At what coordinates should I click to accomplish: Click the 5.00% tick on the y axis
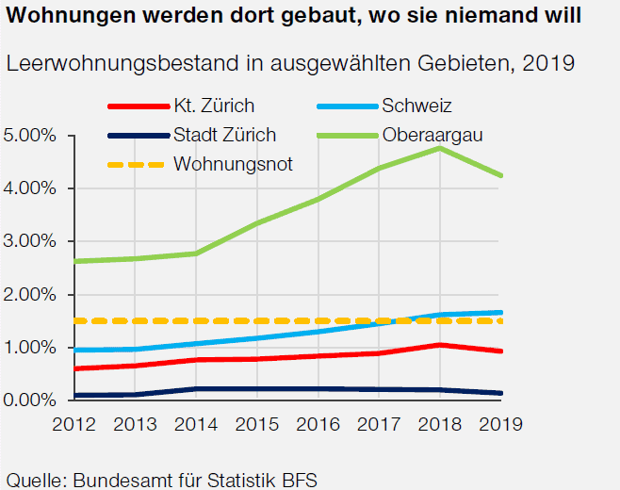tap(32, 136)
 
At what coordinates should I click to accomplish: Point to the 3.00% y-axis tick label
tap(32, 242)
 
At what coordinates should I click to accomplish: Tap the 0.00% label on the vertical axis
tap(32, 400)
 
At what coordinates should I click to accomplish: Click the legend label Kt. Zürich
tap(214, 105)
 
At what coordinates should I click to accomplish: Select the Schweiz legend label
tap(424, 105)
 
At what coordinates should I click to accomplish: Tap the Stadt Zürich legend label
tap(225, 135)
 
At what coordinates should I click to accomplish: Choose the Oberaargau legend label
tap(433, 135)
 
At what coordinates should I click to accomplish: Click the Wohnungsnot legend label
tap(233, 164)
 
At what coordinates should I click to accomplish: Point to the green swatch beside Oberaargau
tap(347, 135)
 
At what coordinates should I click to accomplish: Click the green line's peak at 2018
tap(438, 148)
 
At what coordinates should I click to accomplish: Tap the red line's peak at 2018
tap(438, 345)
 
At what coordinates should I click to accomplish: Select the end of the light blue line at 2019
tap(500, 312)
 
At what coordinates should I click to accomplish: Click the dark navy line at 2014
tap(195, 388)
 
